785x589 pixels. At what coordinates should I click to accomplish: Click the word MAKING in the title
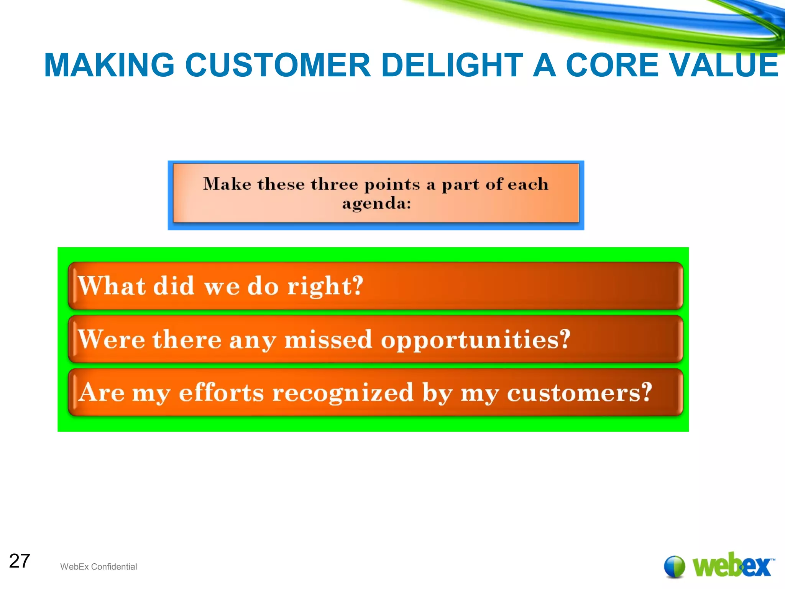click(109, 65)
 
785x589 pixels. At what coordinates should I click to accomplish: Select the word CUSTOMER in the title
click(278, 65)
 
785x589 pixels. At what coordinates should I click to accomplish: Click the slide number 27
click(19, 561)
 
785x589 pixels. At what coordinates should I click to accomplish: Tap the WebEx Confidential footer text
click(99, 567)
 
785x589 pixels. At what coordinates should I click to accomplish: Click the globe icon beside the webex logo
click(674, 566)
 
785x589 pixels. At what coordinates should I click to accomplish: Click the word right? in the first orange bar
click(325, 286)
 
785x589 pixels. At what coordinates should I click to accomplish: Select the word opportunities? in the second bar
click(475, 340)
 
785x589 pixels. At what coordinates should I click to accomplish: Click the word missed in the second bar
click(328, 339)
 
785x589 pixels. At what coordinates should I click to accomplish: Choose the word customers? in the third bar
click(579, 393)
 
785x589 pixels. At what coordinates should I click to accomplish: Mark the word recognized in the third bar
click(343, 393)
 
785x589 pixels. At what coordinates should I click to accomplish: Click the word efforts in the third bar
click(221, 393)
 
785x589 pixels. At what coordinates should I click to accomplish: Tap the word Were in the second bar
click(112, 339)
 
